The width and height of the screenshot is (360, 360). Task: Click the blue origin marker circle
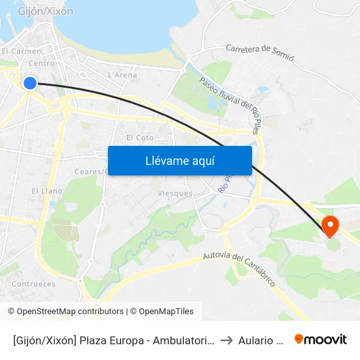tap(29, 83)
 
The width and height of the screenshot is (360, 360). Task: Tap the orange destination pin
tap(331, 226)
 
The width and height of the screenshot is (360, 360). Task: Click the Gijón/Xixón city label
tap(46, 11)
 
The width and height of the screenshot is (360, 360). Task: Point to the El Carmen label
tap(22, 51)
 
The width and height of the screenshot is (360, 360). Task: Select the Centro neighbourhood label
tap(42, 63)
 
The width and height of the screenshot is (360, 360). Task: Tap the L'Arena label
tap(122, 75)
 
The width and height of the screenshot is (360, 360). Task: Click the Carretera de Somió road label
tap(260, 52)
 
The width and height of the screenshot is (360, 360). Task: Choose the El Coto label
tap(139, 137)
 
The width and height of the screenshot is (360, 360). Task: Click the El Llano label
tap(47, 191)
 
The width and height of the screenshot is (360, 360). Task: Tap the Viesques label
tap(175, 194)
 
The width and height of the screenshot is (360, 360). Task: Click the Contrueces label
tap(33, 284)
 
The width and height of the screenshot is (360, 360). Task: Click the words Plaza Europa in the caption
tap(109, 340)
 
